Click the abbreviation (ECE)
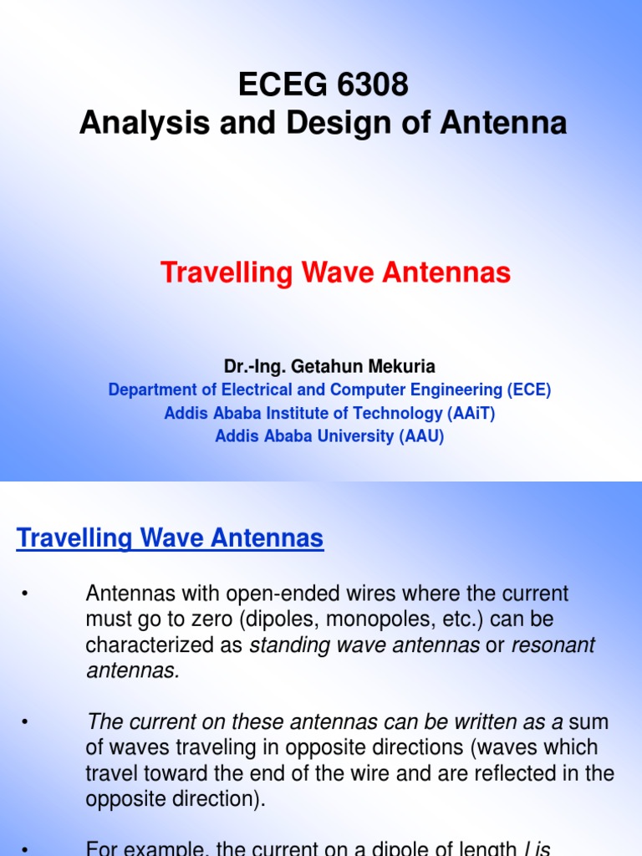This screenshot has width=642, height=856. point(528,390)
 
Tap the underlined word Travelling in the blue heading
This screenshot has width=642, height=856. point(69,538)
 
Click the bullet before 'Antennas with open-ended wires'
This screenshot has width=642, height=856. point(25,594)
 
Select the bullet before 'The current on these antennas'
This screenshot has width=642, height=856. point(25,721)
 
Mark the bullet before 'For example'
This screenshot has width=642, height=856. point(25,849)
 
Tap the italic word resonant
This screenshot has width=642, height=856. point(553,645)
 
